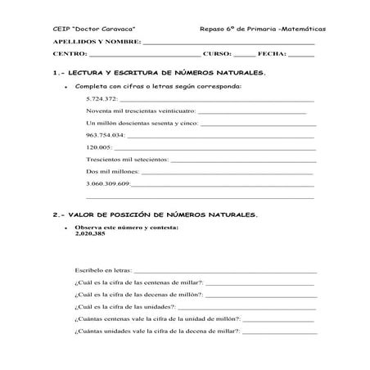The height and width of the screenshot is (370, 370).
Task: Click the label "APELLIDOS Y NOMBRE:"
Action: click(x=97, y=41)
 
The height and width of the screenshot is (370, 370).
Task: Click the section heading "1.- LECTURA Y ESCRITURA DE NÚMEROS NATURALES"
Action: click(x=164, y=73)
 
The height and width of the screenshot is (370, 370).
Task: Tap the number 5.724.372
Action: click(x=102, y=98)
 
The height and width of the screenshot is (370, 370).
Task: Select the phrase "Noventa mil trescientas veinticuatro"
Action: click(x=140, y=111)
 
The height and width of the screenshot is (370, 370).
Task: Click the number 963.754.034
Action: click(x=105, y=135)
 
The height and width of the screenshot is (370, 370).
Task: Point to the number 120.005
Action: click(x=98, y=147)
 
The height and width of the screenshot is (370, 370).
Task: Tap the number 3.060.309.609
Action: click(x=108, y=184)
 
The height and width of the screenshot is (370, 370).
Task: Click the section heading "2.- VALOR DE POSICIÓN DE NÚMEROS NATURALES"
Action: click(x=156, y=214)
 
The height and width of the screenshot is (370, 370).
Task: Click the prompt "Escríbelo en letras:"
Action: click(x=102, y=269)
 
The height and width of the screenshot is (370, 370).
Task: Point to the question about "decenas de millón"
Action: click(x=138, y=294)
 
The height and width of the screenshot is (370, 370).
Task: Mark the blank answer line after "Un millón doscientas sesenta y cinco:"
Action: click(x=256, y=124)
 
